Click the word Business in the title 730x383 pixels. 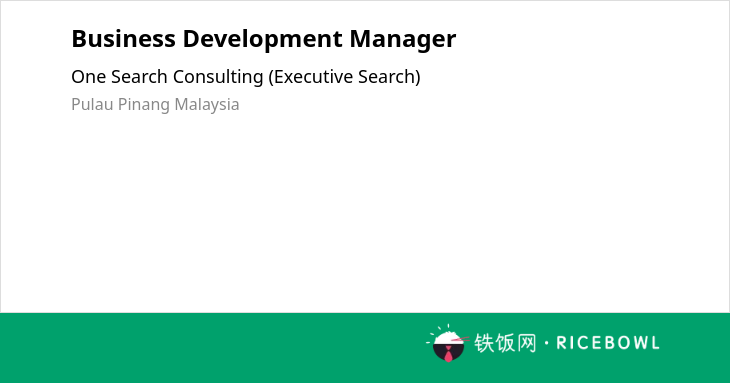tap(123, 39)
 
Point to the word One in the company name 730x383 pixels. tap(88, 77)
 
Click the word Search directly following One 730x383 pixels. tap(139, 77)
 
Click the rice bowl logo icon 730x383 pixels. tap(447, 343)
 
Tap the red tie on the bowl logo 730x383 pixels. tap(448, 355)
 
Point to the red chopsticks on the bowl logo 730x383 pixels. tap(460, 339)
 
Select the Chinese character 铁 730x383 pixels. tap(484, 343)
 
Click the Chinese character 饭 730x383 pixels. tap(506, 343)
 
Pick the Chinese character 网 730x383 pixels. tap(527, 343)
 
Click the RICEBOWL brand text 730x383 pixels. tap(608, 343)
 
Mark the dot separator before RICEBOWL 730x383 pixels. tap(546, 343)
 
